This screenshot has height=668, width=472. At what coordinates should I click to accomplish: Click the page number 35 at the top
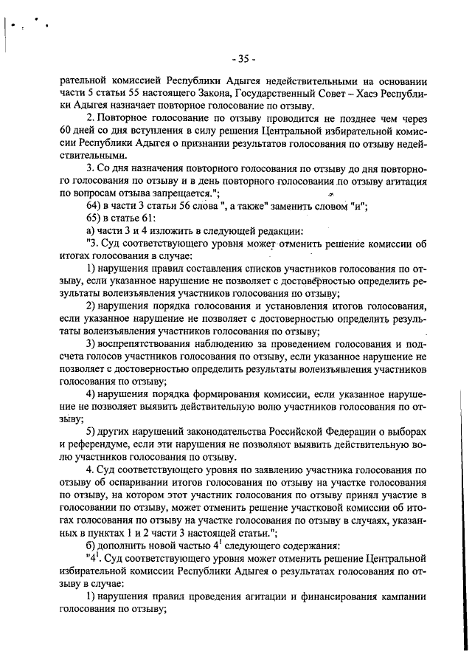coord(242,58)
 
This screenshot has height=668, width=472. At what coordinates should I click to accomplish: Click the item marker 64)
coord(96,204)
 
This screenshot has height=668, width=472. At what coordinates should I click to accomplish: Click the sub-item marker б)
coord(94,546)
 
